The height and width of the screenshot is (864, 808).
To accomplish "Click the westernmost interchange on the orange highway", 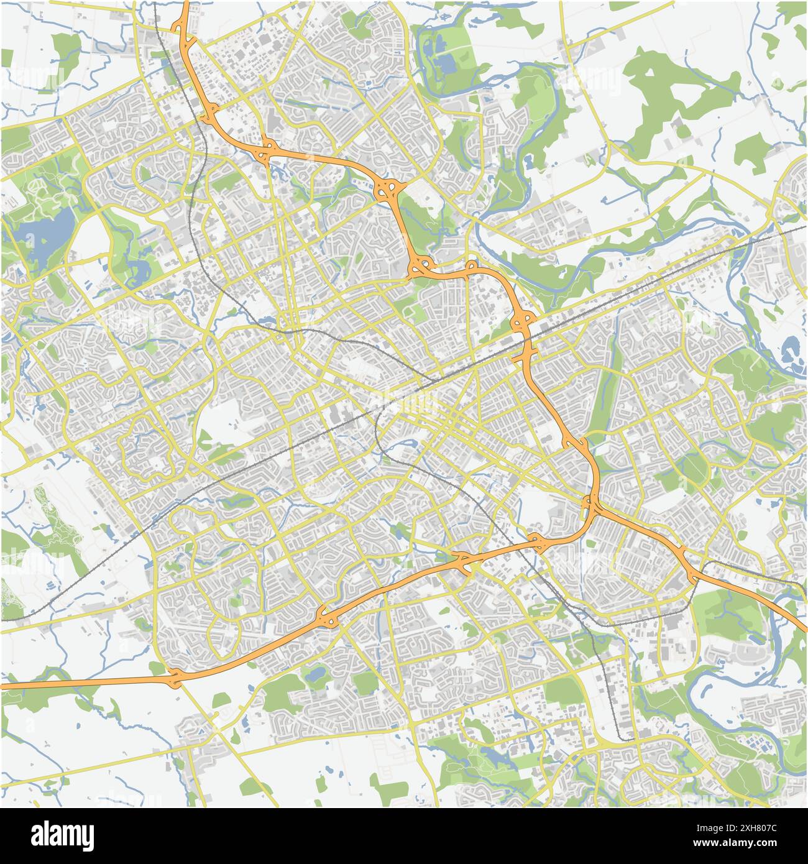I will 175,678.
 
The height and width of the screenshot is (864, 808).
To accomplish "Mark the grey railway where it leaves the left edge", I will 4,620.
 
